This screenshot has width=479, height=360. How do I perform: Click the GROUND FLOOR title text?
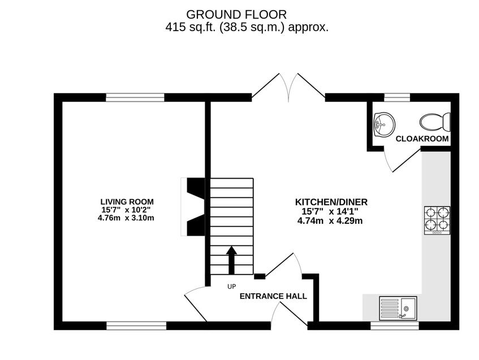(236, 14)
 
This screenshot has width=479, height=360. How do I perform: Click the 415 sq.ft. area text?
(247, 27)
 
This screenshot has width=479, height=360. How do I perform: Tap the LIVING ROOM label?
(127, 202)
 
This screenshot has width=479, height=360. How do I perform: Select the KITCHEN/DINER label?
(331, 202)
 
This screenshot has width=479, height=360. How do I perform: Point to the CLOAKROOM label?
(422, 138)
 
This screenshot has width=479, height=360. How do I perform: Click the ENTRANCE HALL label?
(273, 296)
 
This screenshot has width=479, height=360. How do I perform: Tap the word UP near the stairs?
(231, 287)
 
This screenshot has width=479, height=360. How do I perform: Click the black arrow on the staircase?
(231, 259)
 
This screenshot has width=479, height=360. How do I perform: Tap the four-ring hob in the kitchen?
(437, 220)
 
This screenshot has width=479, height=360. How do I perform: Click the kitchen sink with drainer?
(398, 309)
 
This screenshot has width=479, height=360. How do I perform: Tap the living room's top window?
(135, 97)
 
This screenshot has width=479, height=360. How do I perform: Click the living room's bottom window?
(136, 326)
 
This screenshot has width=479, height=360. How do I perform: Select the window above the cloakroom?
(397, 97)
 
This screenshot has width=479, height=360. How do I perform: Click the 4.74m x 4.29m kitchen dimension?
(330, 221)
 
